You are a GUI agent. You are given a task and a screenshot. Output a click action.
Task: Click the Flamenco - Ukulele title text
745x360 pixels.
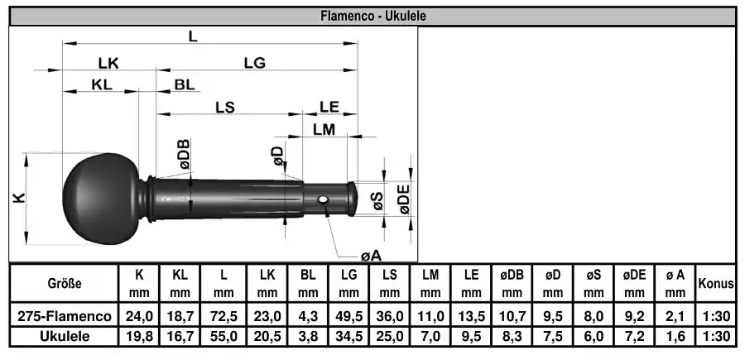coord(373,16)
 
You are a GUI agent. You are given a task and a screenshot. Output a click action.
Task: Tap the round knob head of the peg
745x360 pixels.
coord(101,199)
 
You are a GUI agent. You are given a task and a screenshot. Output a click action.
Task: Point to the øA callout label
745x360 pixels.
coord(371,256)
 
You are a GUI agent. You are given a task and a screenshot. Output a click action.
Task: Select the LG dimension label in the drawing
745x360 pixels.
coord(255,63)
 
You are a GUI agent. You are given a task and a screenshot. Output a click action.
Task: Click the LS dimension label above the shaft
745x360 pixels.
coord(225,108)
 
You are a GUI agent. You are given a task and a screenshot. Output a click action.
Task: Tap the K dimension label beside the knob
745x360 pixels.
coord(18,198)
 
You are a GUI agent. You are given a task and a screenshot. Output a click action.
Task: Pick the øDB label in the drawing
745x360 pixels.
coord(184,155)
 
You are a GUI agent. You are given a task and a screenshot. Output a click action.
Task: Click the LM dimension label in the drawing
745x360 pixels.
coord(324,129)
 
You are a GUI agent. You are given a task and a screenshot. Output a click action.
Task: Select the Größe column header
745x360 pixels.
coord(64,284)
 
